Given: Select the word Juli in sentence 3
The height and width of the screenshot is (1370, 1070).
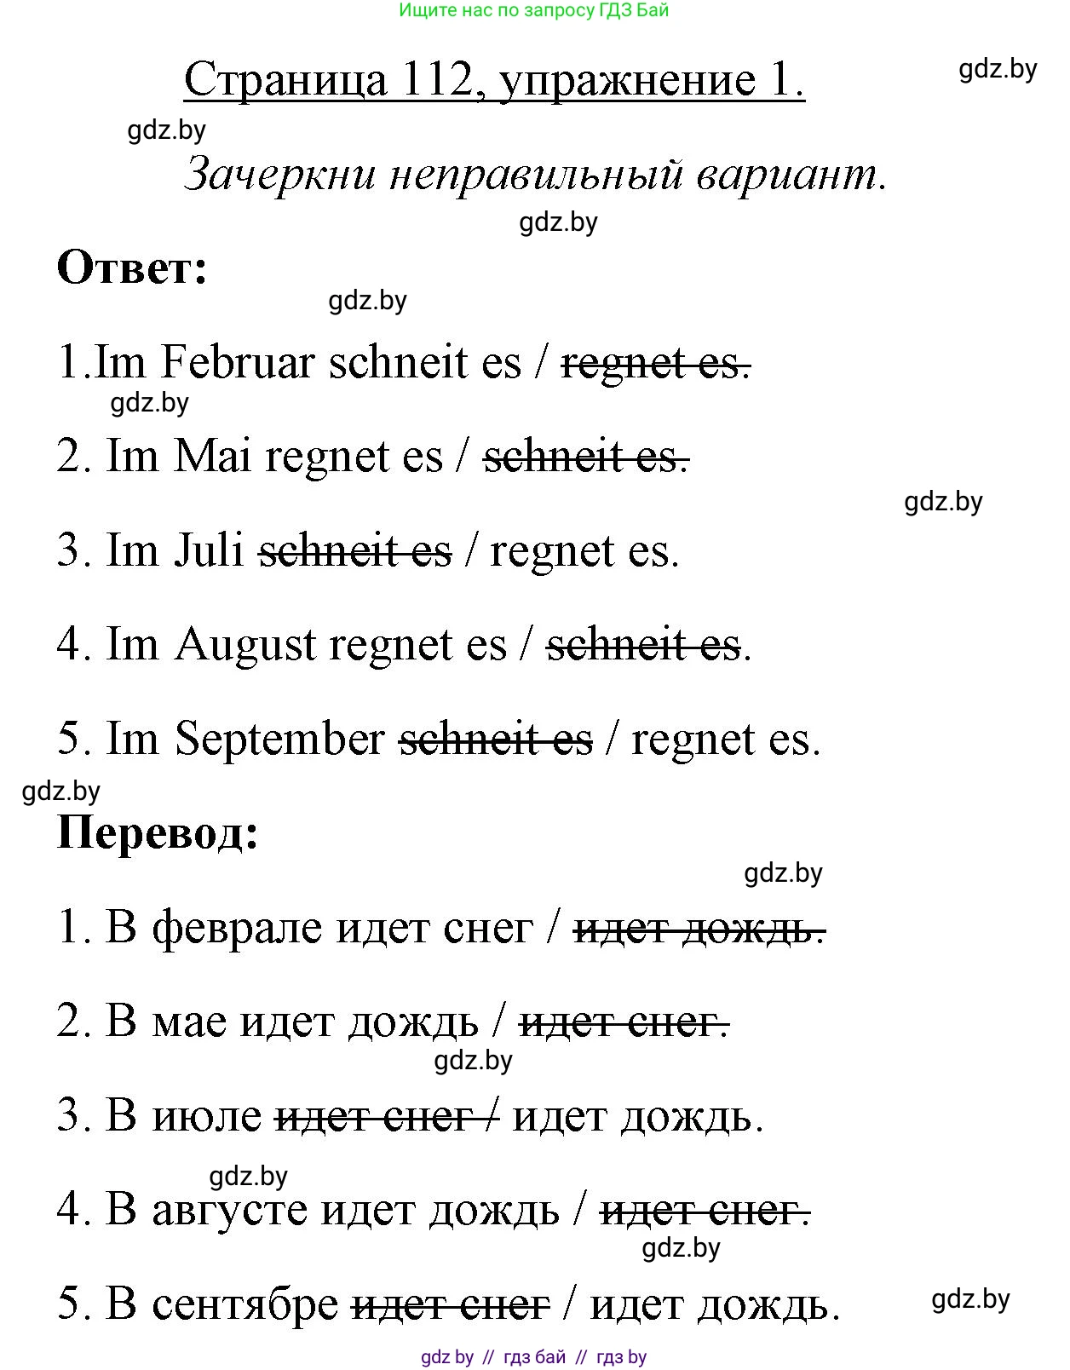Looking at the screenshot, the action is (209, 550).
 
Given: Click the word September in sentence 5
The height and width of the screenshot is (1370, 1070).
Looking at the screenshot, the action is (279, 738).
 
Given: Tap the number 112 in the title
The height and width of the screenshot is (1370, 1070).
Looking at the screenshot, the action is (435, 80).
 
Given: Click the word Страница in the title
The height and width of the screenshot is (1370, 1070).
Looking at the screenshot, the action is (285, 80).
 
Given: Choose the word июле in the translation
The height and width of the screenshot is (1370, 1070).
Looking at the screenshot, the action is (207, 1115).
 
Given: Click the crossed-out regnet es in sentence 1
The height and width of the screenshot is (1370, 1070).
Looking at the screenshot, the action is (655, 364).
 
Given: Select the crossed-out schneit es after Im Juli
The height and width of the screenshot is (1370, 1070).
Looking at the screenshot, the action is (355, 550).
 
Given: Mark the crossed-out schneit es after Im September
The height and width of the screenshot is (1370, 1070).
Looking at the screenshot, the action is (496, 739).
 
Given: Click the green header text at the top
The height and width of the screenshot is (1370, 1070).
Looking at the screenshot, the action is (533, 11).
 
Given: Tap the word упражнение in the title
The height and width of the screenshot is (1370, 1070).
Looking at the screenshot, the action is (625, 80).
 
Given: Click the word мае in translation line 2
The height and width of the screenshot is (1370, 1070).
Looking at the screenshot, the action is (189, 1021).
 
